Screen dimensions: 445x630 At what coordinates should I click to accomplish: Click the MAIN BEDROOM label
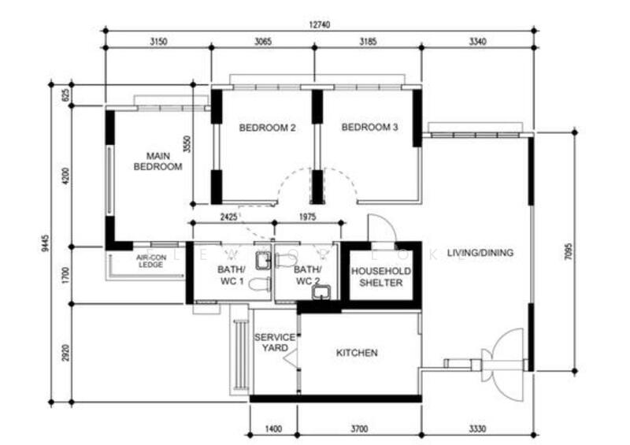click(158, 161)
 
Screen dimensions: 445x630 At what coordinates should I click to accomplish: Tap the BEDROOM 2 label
click(267, 128)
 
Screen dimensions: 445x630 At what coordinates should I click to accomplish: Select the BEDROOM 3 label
click(369, 128)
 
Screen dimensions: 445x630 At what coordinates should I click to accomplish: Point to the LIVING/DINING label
click(480, 253)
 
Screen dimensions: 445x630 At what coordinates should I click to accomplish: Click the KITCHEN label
click(357, 353)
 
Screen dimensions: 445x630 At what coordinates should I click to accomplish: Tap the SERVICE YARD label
click(274, 343)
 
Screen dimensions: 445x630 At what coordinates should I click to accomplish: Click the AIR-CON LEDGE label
click(149, 261)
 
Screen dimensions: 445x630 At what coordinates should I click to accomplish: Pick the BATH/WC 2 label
click(306, 276)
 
